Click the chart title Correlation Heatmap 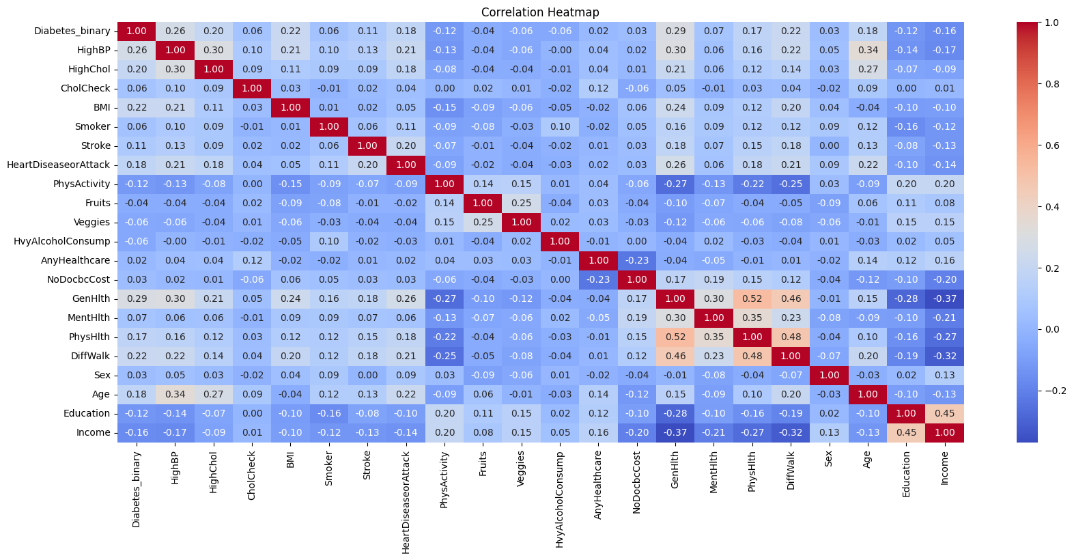(x=540, y=12)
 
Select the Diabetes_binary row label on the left (x=72, y=31)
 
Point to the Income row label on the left (x=94, y=432)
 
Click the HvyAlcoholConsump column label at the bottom (x=560, y=499)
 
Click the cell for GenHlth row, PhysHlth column (x=752, y=298)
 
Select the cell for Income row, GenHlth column (x=675, y=432)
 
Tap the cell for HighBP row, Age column (x=867, y=50)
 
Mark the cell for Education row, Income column (x=944, y=413)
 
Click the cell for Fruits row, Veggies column (x=522, y=203)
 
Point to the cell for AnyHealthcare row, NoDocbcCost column (x=636, y=260)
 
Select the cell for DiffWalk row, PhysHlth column (x=752, y=356)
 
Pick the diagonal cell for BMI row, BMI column (x=291, y=107)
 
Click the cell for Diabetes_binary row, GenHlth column (x=675, y=31)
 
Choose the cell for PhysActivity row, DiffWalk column (x=791, y=184)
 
